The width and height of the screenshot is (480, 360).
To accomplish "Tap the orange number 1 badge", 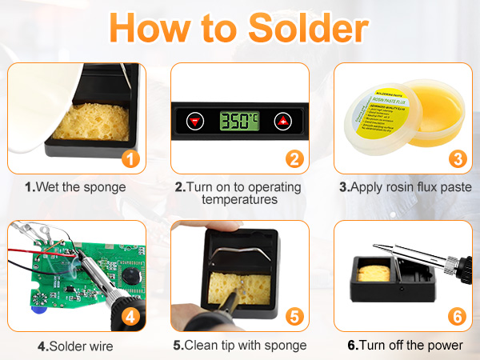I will [x=132, y=158].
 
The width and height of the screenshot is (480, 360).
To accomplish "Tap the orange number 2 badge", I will [x=294, y=158].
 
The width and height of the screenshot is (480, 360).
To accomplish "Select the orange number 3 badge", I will [x=458, y=158].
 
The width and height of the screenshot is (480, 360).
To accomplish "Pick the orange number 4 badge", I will [x=132, y=316].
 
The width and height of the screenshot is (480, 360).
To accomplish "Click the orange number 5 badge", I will [x=294, y=316].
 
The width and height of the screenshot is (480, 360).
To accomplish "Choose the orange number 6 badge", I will [x=458, y=316].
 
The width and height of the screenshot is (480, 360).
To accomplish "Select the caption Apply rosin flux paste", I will [x=405, y=188].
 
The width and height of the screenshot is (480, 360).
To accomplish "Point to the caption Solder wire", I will [x=76, y=346].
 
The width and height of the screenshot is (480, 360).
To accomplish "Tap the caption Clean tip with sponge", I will [x=240, y=346].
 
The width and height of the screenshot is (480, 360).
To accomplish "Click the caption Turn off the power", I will [x=405, y=346].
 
